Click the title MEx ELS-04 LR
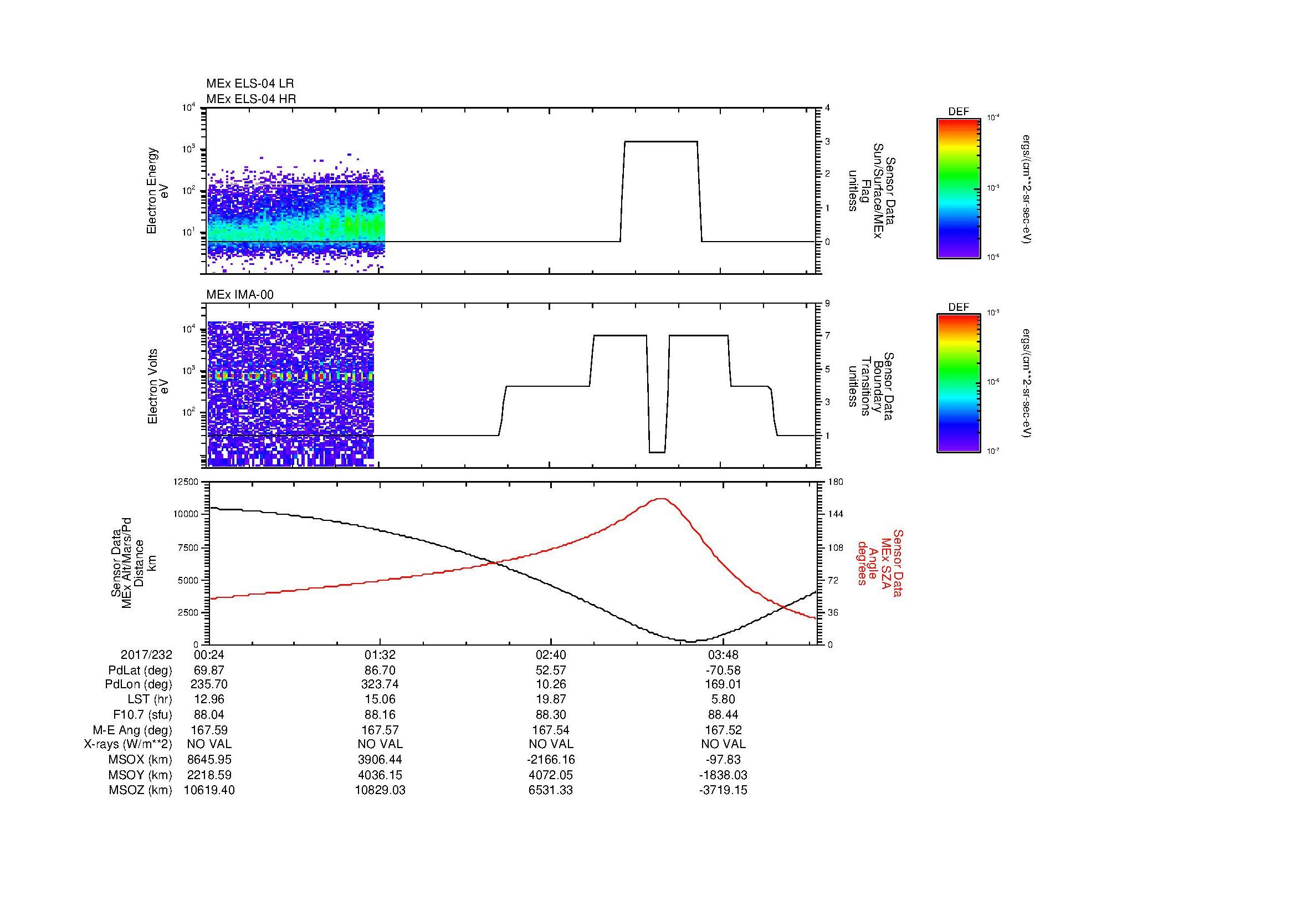[249, 84]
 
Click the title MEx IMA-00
[239, 295]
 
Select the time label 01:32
[380, 655]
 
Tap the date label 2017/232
[146, 655]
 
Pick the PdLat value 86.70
[380, 671]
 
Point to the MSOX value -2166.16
[551, 760]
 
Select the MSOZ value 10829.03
[380, 790]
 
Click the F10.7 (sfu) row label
[142, 714]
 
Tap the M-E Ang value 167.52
[723, 730]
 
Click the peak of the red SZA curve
[661, 498]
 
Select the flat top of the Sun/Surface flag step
[660, 142]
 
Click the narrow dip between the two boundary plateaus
[657, 452]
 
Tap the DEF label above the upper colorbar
[959, 112]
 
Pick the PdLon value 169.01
[723, 684]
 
